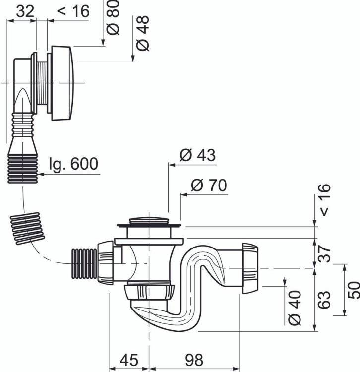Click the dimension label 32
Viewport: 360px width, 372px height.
(x=25, y=11)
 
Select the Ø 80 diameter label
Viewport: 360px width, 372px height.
(x=113, y=17)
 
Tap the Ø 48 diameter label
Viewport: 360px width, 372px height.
(x=143, y=33)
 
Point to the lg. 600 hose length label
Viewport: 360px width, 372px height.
(x=73, y=164)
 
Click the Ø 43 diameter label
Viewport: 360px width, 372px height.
(x=198, y=155)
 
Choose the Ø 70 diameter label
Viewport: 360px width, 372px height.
(x=209, y=185)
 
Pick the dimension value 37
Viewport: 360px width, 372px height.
(x=324, y=253)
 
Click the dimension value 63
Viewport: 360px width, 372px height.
(x=324, y=300)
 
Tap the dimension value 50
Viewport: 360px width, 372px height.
(x=354, y=290)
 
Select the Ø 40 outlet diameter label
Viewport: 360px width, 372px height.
(x=295, y=308)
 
